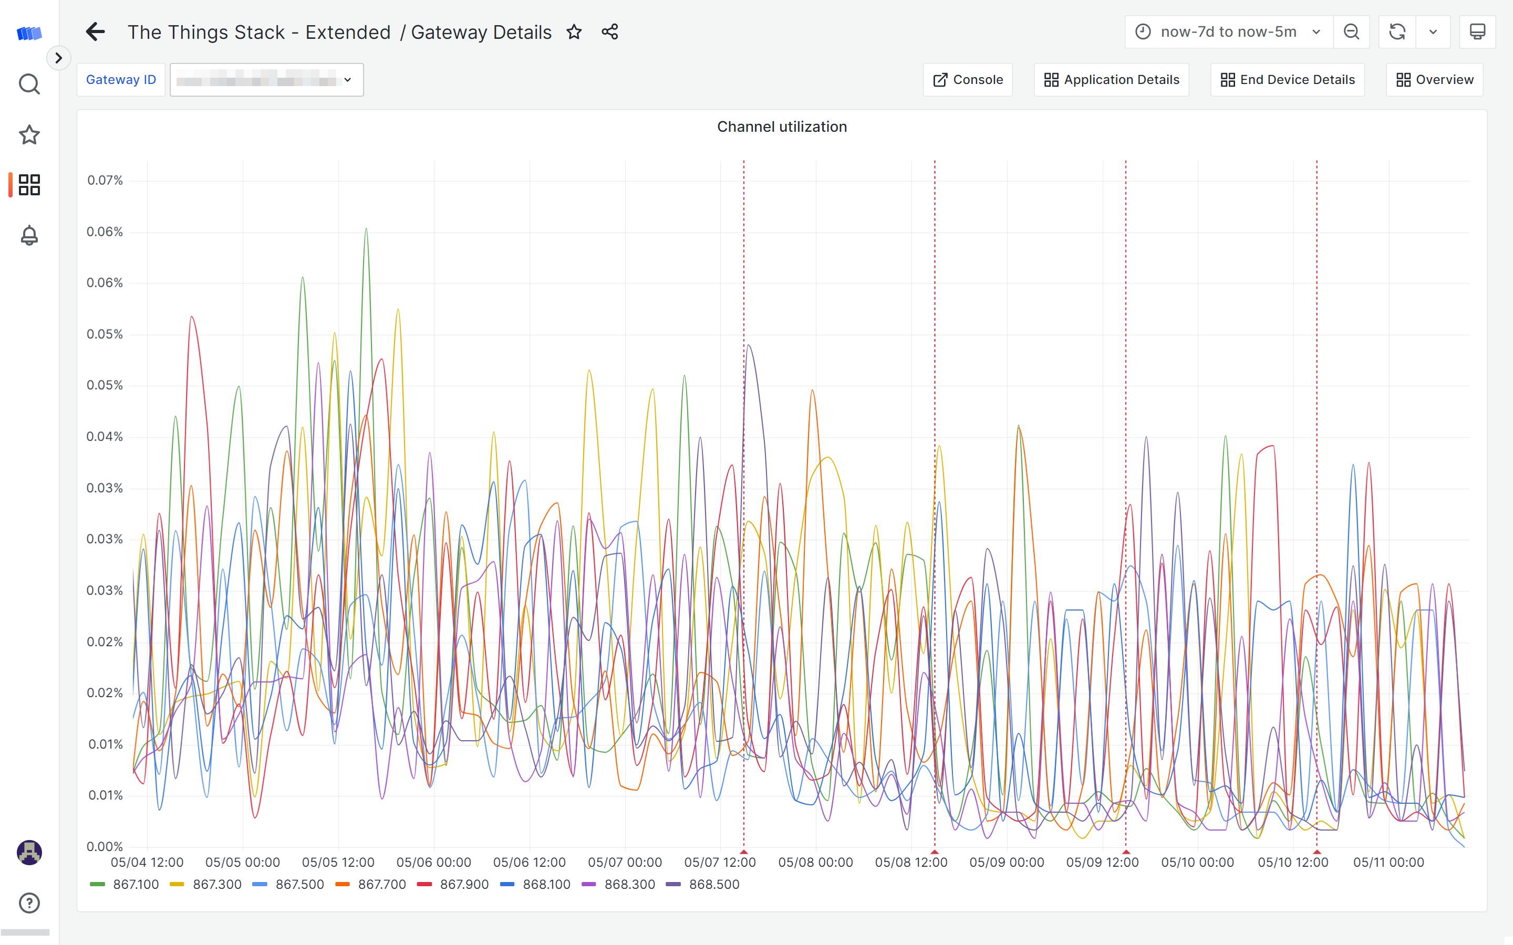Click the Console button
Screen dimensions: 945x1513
coord(967,80)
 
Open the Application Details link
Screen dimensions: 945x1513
coord(1111,80)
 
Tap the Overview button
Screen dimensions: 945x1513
coord(1434,80)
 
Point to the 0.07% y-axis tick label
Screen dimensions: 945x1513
coord(105,181)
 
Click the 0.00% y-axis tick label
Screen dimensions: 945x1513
coord(105,847)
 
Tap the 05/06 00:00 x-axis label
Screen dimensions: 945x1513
coord(433,863)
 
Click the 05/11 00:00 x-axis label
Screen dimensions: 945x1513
coord(1388,863)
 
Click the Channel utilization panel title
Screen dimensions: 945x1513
coord(782,127)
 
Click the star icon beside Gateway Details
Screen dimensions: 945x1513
coord(574,32)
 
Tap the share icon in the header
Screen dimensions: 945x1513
coord(609,32)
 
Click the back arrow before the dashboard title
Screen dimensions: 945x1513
coord(95,32)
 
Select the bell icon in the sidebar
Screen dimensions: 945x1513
coord(29,236)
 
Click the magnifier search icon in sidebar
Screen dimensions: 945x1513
coord(29,84)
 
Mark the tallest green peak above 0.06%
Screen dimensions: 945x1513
coord(366,229)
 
